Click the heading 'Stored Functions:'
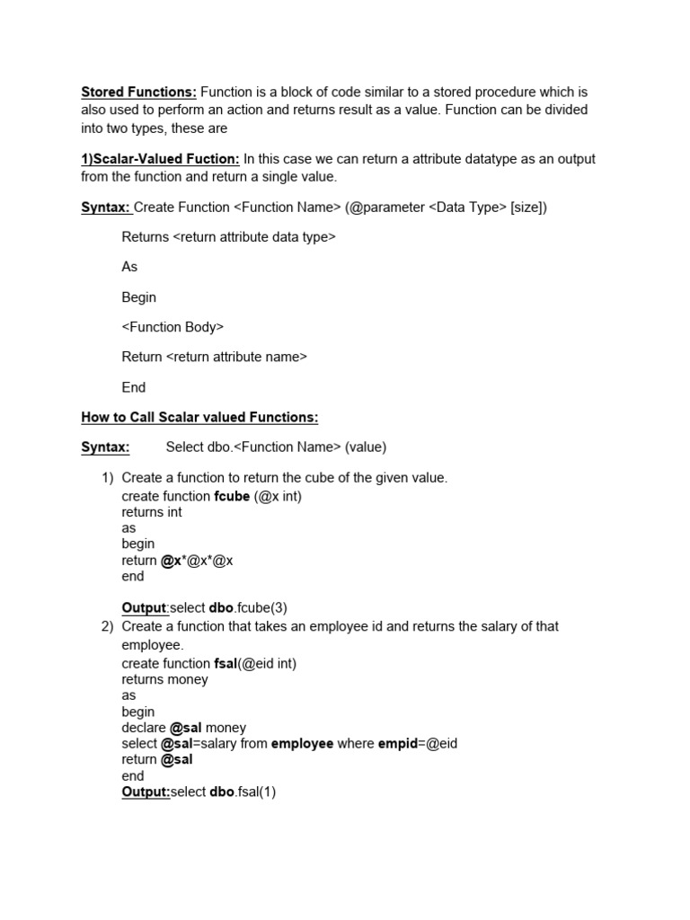tap(138, 92)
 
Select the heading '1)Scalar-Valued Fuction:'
tap(160, 159)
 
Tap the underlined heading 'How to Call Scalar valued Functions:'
tap(199, 418)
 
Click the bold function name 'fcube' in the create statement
tap(232, 496)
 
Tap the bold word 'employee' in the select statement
tap(302, 744)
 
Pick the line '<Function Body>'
tap(172, 327)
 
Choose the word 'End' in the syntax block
tap(133, 387)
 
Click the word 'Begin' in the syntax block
tap(138, 297)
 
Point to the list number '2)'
tap(108, 626)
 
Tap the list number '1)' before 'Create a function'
tap(108, 477)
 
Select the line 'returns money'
tap(164, 679)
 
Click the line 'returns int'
tap(152, 512)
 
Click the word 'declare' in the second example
tap(144, 728)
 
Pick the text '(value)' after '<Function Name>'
tap(366, 447)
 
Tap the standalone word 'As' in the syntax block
tap(129, 267)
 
